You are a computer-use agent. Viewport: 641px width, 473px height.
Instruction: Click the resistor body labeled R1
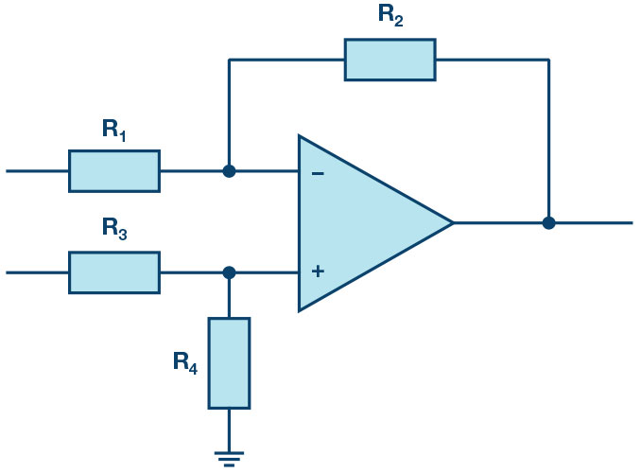pyautogui.click(x=113, y=171)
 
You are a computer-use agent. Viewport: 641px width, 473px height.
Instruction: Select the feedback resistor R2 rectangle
pyautogui.click(x=390, y=60)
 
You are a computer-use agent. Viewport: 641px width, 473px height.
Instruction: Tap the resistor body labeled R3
pyautogui.click(x=113, y=272)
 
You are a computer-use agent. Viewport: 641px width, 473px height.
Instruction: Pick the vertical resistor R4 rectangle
pyautogui.click(x=229, y=363)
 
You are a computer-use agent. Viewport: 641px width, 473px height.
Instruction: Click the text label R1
pyautogui.click(x=114, y=131)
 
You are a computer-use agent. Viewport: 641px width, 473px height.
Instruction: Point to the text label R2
pyautogui.click(x=390, y=16)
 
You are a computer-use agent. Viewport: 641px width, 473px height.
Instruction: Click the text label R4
pyautogui.click(x=185, y=361)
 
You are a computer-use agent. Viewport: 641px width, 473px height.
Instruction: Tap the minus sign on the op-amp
pyautogui.click(x=318, y=173)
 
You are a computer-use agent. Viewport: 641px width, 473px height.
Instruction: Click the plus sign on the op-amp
pyautogui.click(x=318, y=272)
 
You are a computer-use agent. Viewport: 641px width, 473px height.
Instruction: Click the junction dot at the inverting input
pyautogui.click(x=229, y=171)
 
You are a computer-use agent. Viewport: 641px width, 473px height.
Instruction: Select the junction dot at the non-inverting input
pyautogui.click(x=229, y=272)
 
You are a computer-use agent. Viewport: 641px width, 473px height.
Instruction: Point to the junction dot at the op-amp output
pyautogui.click(x=548, y=223)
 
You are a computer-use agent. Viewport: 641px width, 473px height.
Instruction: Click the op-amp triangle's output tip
pyautogui.click(x=453, y=223)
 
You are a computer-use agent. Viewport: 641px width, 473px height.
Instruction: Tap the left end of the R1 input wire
pyautogui.click(x=8, y=171)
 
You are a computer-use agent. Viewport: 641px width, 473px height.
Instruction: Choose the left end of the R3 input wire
pyautogui.click(x=8, y=272)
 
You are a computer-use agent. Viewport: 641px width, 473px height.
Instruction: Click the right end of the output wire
pyautogui.click(x=631, y=223)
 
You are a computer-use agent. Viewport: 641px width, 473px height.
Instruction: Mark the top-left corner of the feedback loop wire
pyautogui.click(x=229, y=60)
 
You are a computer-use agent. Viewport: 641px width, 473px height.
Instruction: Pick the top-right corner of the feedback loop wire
pyautogui.click(x=548, y=60)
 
